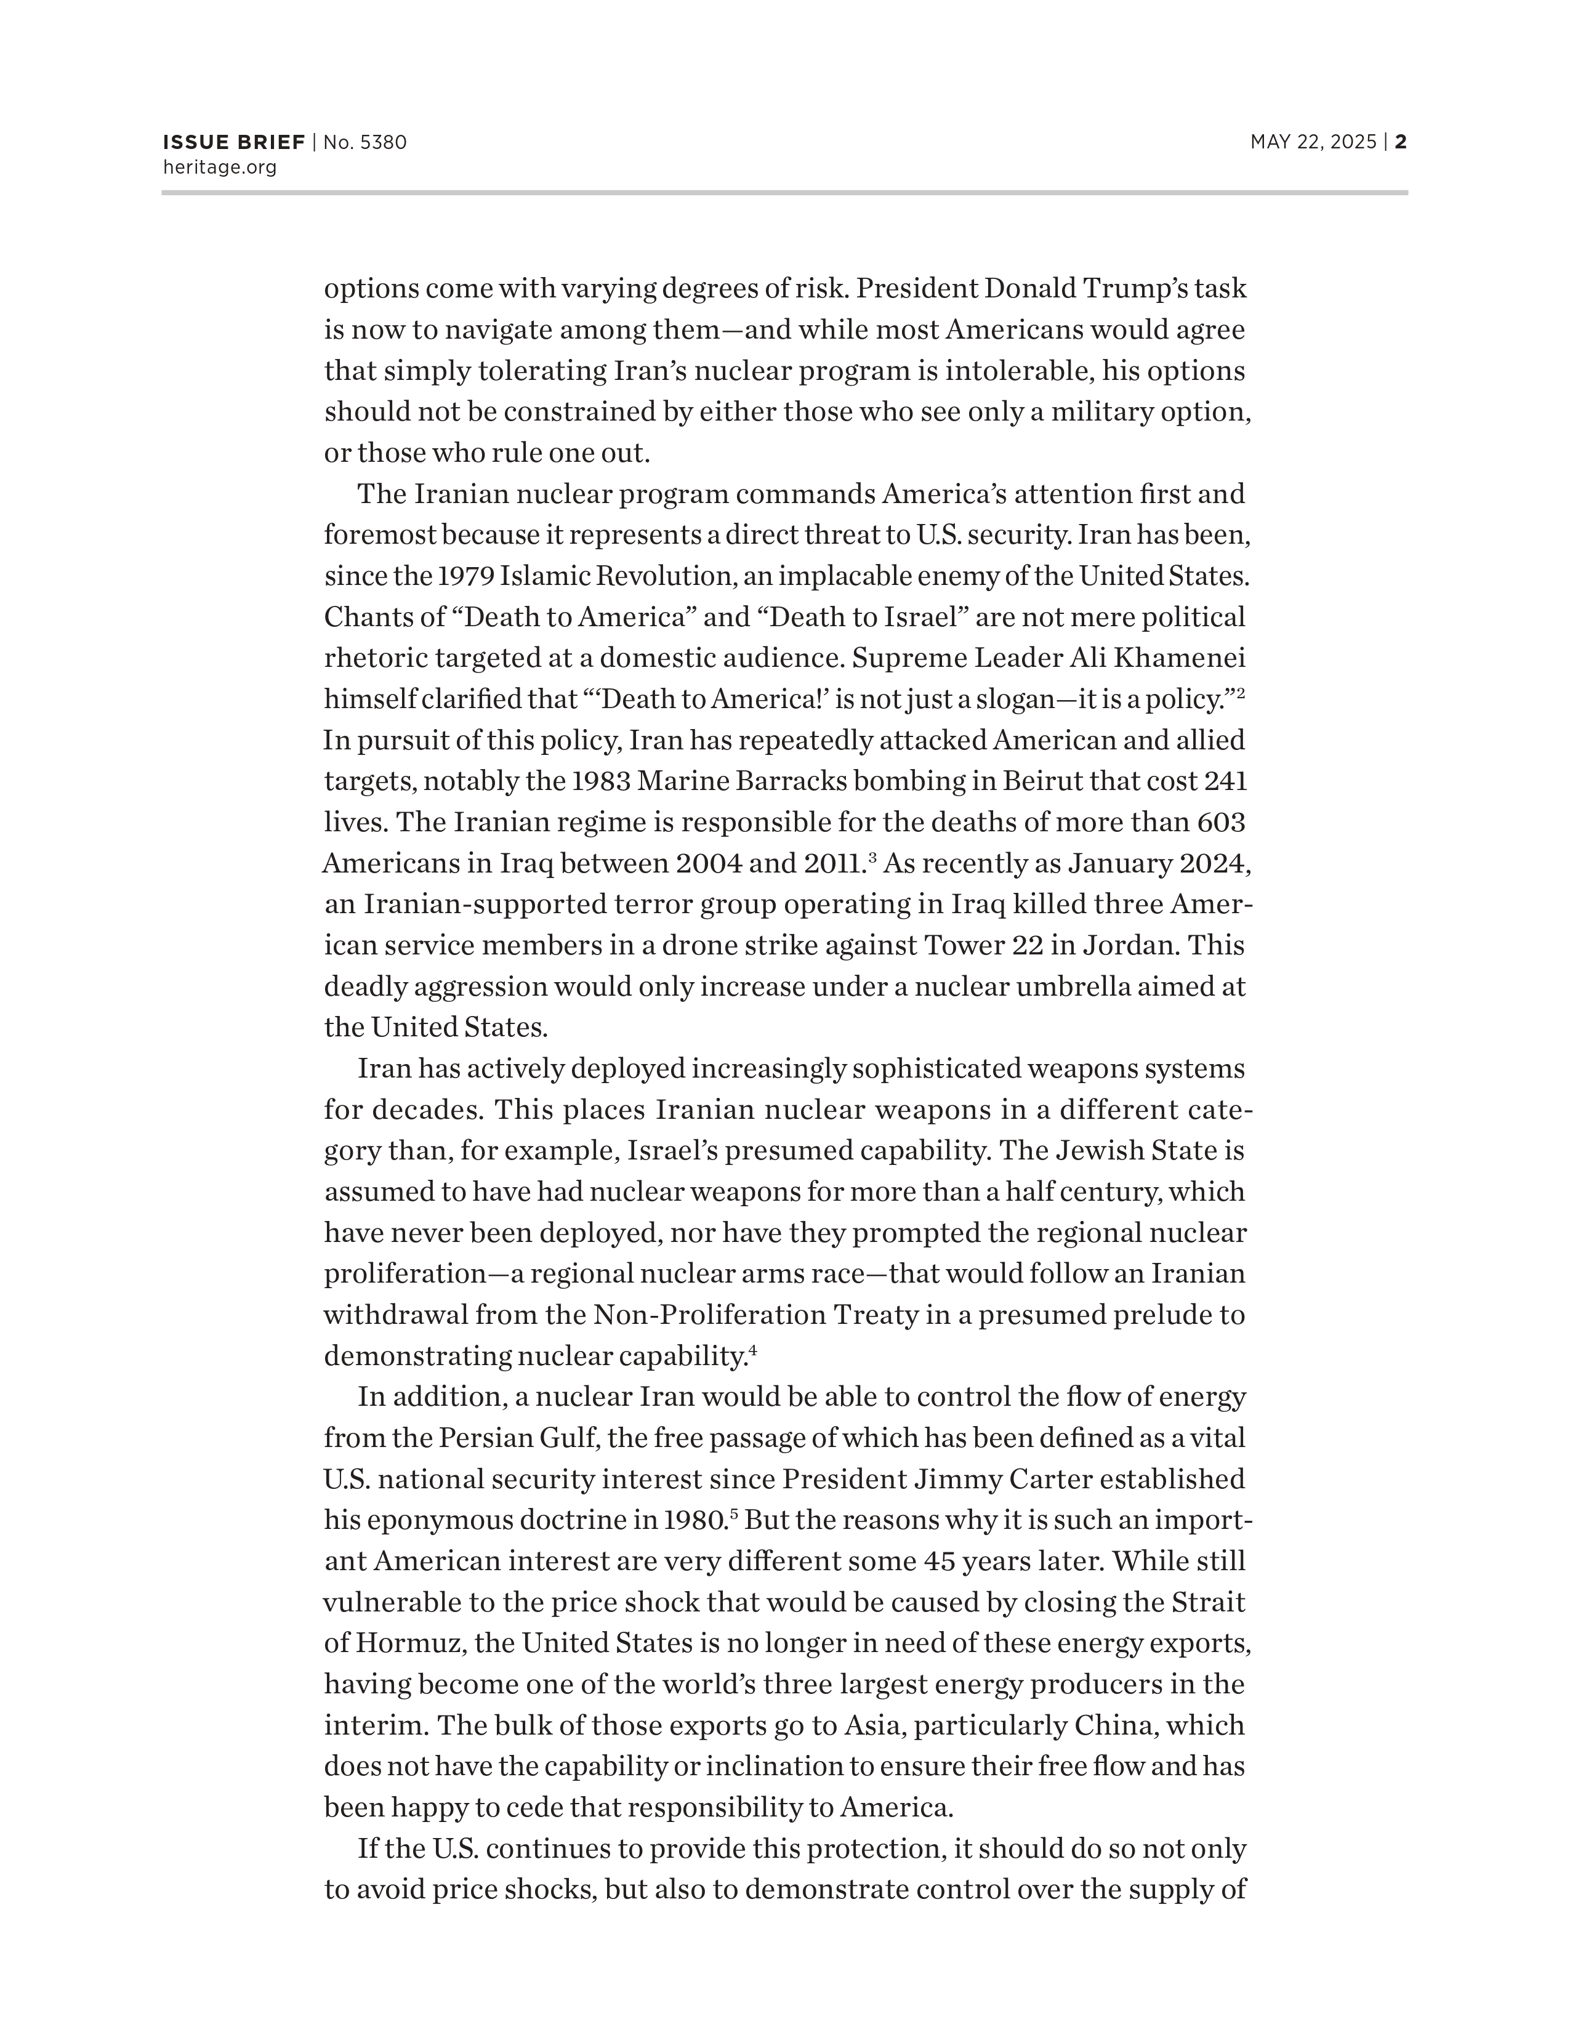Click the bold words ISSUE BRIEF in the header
pos(233,142)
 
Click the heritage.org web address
pos(220,167)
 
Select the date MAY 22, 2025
pos(1313,142)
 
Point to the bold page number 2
pos(1401,142)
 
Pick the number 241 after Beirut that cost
pos(1225,781)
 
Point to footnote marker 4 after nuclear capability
pos(752,1349)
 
